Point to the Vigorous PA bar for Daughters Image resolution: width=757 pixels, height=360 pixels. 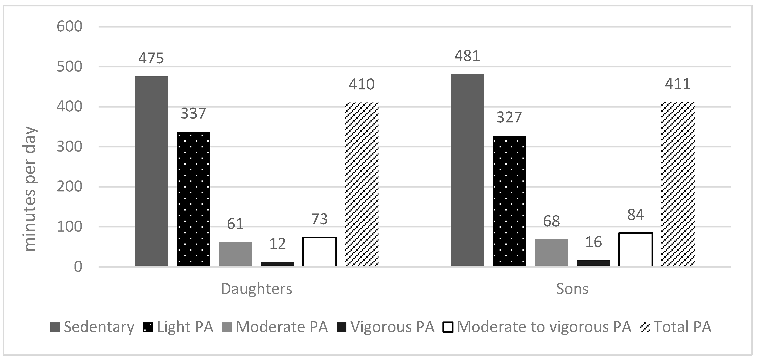(277, 264)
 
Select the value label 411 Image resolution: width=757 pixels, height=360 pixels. (678, 84)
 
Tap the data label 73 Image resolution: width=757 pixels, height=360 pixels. (319, 219)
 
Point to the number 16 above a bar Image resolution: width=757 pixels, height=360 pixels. (593, 242)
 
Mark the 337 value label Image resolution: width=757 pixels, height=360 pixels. (193, 114)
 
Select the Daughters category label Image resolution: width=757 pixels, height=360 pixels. (257, 289)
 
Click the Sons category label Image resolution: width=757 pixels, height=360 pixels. (572, 289)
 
